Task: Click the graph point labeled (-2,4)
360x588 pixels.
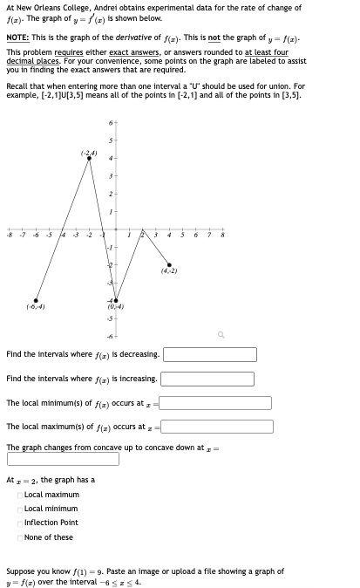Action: (x=89, y=159)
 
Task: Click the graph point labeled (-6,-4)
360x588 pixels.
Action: (x=36, y=299)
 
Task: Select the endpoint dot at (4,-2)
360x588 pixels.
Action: (x=169, y=264)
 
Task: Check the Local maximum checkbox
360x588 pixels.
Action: (x=19, y=495)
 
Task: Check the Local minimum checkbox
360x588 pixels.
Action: (x=19, y=509)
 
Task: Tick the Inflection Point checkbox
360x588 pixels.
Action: (x=19, y=523)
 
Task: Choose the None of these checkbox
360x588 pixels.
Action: (x=19, y=537)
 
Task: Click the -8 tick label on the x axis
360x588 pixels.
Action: (x=9, y=235)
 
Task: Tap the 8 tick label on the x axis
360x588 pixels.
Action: (x=222, y=235)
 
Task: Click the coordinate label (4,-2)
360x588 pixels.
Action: (x=170, y=271)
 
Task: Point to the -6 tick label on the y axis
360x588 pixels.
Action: (x=108, y=336)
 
